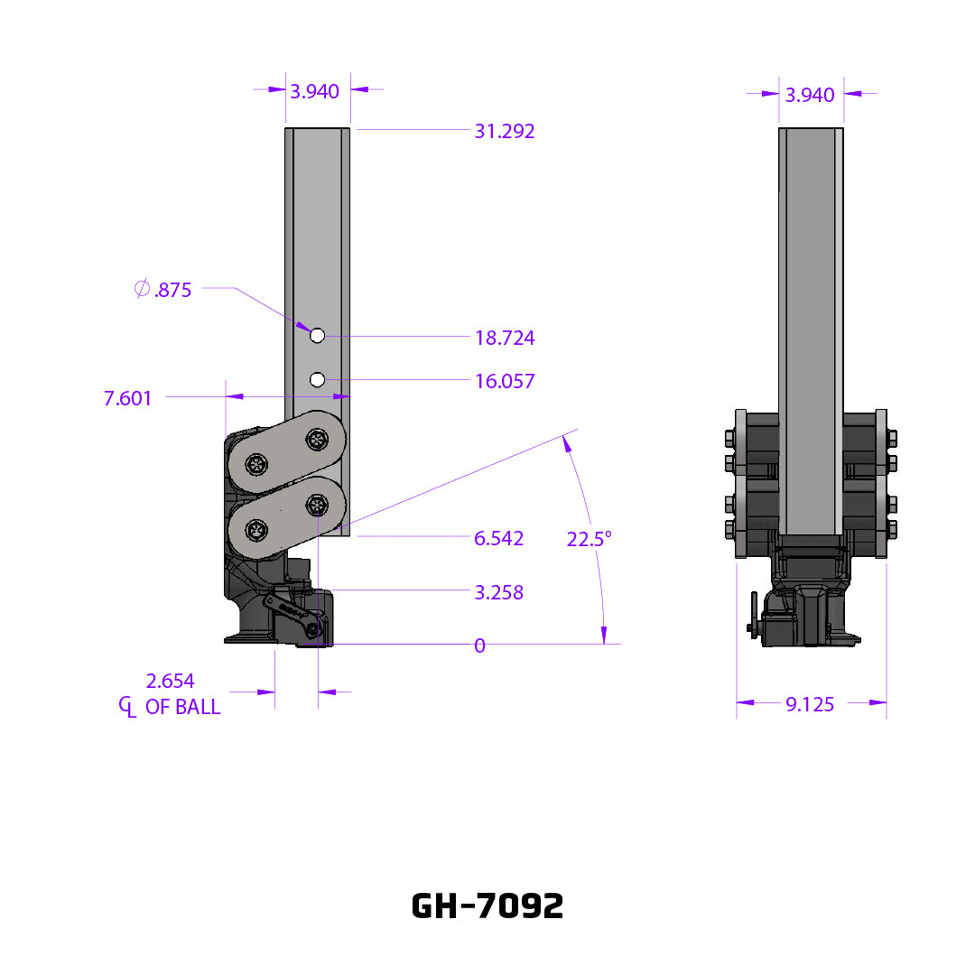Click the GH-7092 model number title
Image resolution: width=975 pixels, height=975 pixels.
coord(487,905)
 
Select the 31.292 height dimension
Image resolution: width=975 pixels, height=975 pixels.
coord(505,132)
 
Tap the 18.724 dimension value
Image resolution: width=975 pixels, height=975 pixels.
coord(505,339)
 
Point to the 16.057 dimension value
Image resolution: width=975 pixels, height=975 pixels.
coord(505,382)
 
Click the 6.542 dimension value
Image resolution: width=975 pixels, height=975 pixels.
coord(499,539)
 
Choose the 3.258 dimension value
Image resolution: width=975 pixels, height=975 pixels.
coord(499,593)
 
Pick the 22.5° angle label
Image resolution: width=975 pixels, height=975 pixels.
coord(590,539)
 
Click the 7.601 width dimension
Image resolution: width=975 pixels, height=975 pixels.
coord(128,398)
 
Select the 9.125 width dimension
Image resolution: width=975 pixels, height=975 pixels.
coord(810,704)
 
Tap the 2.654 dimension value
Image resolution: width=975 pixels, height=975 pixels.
coord(170,681)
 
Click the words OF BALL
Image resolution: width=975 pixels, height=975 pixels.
coord(183,707)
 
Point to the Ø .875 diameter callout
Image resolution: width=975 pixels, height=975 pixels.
coord(162,291)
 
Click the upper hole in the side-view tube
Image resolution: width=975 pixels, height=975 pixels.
coord(317,336)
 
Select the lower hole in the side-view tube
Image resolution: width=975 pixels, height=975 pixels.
coord(317,380)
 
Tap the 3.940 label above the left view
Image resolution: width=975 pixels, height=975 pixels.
coord(314,91)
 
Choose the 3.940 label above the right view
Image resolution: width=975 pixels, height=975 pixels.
coord(810,95)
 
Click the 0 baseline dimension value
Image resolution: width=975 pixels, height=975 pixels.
coord(479,645)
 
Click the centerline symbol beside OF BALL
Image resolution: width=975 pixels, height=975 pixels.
coord(127,707)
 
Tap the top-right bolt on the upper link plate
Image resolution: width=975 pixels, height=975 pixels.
coord(317,440)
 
